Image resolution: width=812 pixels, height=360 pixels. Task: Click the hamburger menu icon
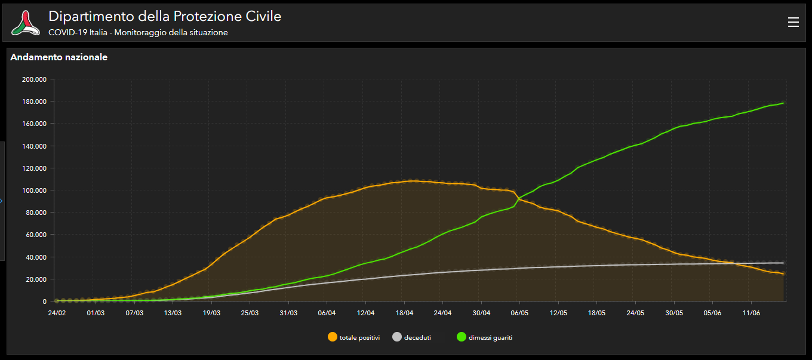point(793,22)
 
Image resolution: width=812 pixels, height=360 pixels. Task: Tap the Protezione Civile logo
point(25,23)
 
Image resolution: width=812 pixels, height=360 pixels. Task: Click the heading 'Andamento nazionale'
point(59,57)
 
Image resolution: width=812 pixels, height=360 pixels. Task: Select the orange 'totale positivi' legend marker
point(333,337)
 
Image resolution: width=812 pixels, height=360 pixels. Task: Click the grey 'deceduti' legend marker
point(397,337)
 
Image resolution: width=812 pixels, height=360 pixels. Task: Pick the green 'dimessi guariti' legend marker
point(462,337)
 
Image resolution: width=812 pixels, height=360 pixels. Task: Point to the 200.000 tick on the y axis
point(33,79)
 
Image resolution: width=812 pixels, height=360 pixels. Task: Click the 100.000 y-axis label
point(33,190)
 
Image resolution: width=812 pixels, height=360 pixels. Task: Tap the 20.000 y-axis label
point(35,279)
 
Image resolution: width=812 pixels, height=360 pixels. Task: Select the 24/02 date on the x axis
point(57,312)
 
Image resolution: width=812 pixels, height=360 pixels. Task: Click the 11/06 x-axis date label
point(751,312)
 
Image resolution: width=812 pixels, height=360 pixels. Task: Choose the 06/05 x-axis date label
point(519,312)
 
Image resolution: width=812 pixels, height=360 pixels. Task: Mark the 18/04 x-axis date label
point(404,312)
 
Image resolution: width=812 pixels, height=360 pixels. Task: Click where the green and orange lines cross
point(518,198)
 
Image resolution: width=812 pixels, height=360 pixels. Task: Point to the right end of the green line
point(783,103)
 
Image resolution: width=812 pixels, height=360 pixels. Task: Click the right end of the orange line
point(783,274)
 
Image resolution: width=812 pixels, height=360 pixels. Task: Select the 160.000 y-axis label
point(33,124)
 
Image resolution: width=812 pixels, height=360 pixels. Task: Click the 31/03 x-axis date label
point(288,312)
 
